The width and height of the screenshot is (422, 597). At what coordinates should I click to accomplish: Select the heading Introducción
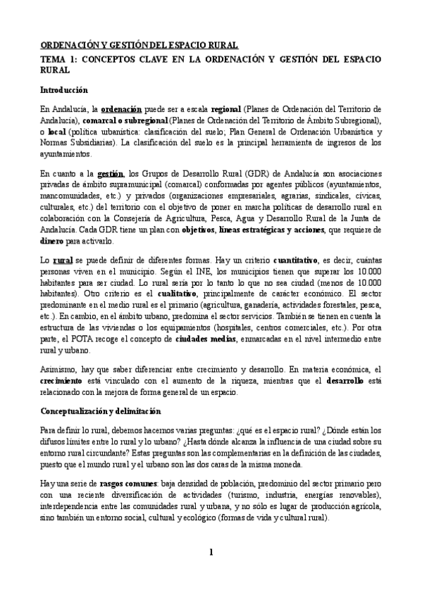(63, 90)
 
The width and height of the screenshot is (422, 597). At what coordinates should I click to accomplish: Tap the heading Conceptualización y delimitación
(100, 410)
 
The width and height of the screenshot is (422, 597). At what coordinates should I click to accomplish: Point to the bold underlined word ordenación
(122, 110)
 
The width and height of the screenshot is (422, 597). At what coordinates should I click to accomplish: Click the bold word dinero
(54, 241)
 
